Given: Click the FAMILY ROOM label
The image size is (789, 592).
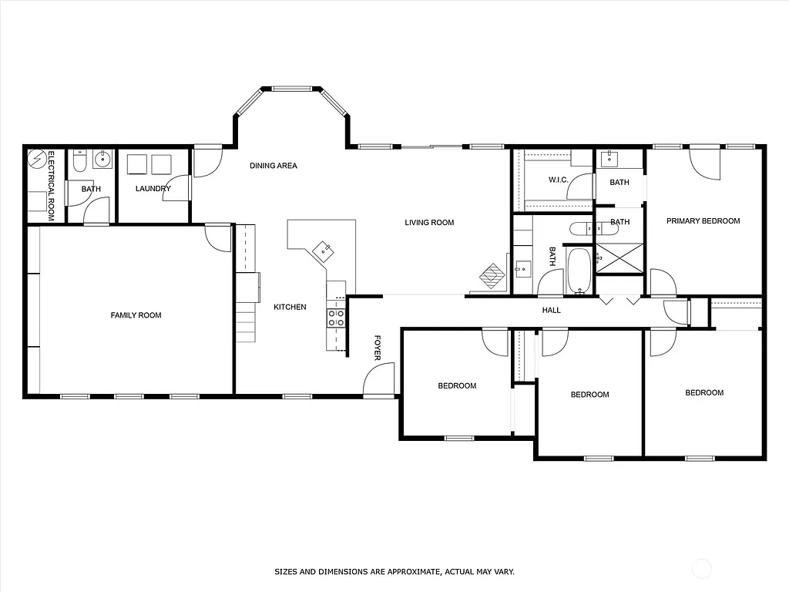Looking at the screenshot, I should pyautogui.click(x=136, y=315).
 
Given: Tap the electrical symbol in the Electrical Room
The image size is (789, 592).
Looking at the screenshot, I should pyautogui.click(x=36, y=160).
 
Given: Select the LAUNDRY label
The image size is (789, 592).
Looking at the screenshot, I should pyautogui.click(x=153, y=189).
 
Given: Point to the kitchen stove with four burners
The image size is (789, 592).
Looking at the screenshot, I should pyautogui.click(x=336, y=318).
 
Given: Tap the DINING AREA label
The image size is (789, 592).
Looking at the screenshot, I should pyautogui.click(x=273, y=166).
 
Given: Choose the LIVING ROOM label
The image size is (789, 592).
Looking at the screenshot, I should pyautogui.click(x=429, y=223).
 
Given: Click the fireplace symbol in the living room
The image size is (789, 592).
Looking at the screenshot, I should pyautogui.click(x=491, y=274).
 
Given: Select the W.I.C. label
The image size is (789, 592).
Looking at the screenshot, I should pyautogui.click(x=558, y=180).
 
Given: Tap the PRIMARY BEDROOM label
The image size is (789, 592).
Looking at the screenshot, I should pyautogui.click(x=703, y=221).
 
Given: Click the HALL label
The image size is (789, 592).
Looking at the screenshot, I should pyautogui.click(x=551, y=311).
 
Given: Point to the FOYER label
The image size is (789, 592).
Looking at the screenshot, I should pyautogui.click(x=378, y=347).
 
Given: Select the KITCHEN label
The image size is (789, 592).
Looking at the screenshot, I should pyautogui.click(x=290, y=307).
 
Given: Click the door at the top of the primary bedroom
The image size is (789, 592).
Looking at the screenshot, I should pyautogui.click(x=705, y=163).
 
